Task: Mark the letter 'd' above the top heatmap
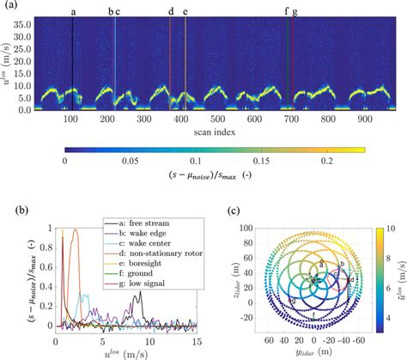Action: pyautogui.click(x=171, y=11)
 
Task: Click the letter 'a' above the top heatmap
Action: pyautogui.click(x=73, y=11)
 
